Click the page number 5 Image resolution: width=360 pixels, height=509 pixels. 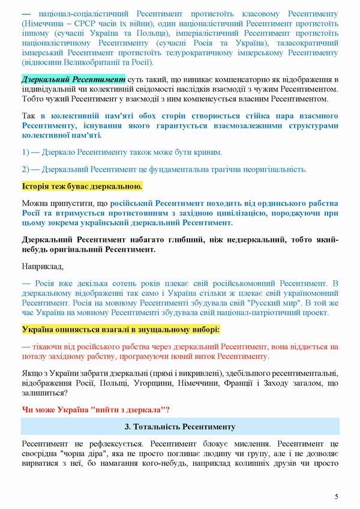coord(337,496)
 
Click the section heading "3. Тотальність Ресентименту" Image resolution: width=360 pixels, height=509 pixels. coord(179,427)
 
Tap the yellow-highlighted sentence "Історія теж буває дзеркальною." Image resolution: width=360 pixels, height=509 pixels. coord(82,186)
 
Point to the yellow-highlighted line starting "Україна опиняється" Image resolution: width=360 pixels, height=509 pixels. coord(121,330)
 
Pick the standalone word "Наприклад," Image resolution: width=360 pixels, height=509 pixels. coord(41,265)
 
